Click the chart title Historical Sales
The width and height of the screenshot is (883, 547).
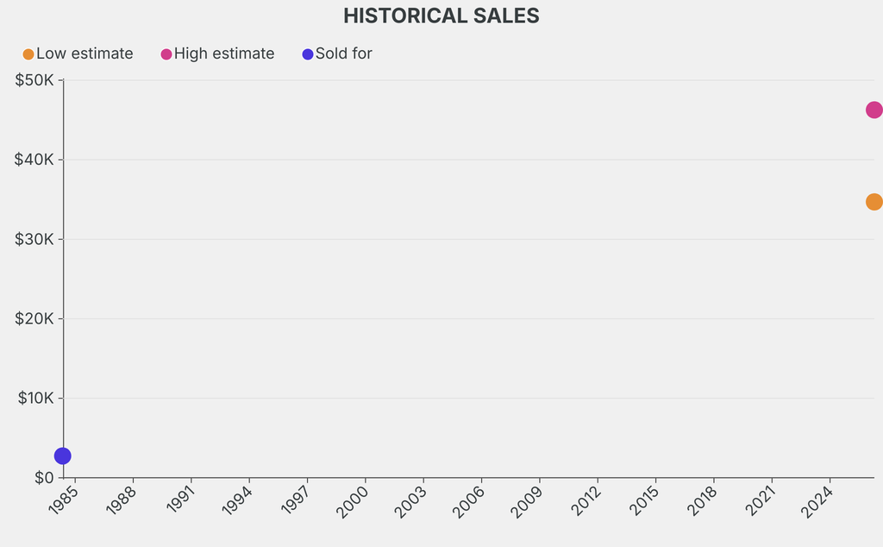(441, 16)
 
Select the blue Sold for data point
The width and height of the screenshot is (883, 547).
(62, 456)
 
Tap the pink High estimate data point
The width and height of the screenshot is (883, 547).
(873, 110)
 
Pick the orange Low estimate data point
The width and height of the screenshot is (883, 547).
(873, 202)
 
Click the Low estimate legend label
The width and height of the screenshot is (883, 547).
(85, 53)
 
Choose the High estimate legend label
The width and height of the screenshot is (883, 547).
(224, 53)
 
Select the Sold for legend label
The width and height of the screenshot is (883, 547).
(343, 53)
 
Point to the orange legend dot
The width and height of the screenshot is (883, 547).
(28, 54)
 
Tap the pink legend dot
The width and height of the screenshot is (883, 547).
(166, 54)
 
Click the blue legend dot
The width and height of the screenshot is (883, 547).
(308, 54)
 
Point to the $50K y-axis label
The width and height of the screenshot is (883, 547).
(34, 80)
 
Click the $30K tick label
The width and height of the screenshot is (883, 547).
(34, 239)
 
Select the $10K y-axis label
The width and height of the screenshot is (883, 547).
(34, 398)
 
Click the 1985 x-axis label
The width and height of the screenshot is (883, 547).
(65, 500)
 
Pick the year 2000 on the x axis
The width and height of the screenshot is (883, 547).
(354, 500)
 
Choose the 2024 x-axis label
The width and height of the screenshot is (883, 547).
(817, 500)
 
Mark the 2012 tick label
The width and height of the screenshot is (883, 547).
(586, 500)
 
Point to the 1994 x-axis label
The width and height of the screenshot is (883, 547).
(237, 500)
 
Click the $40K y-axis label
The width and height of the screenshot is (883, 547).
(34, 160)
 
